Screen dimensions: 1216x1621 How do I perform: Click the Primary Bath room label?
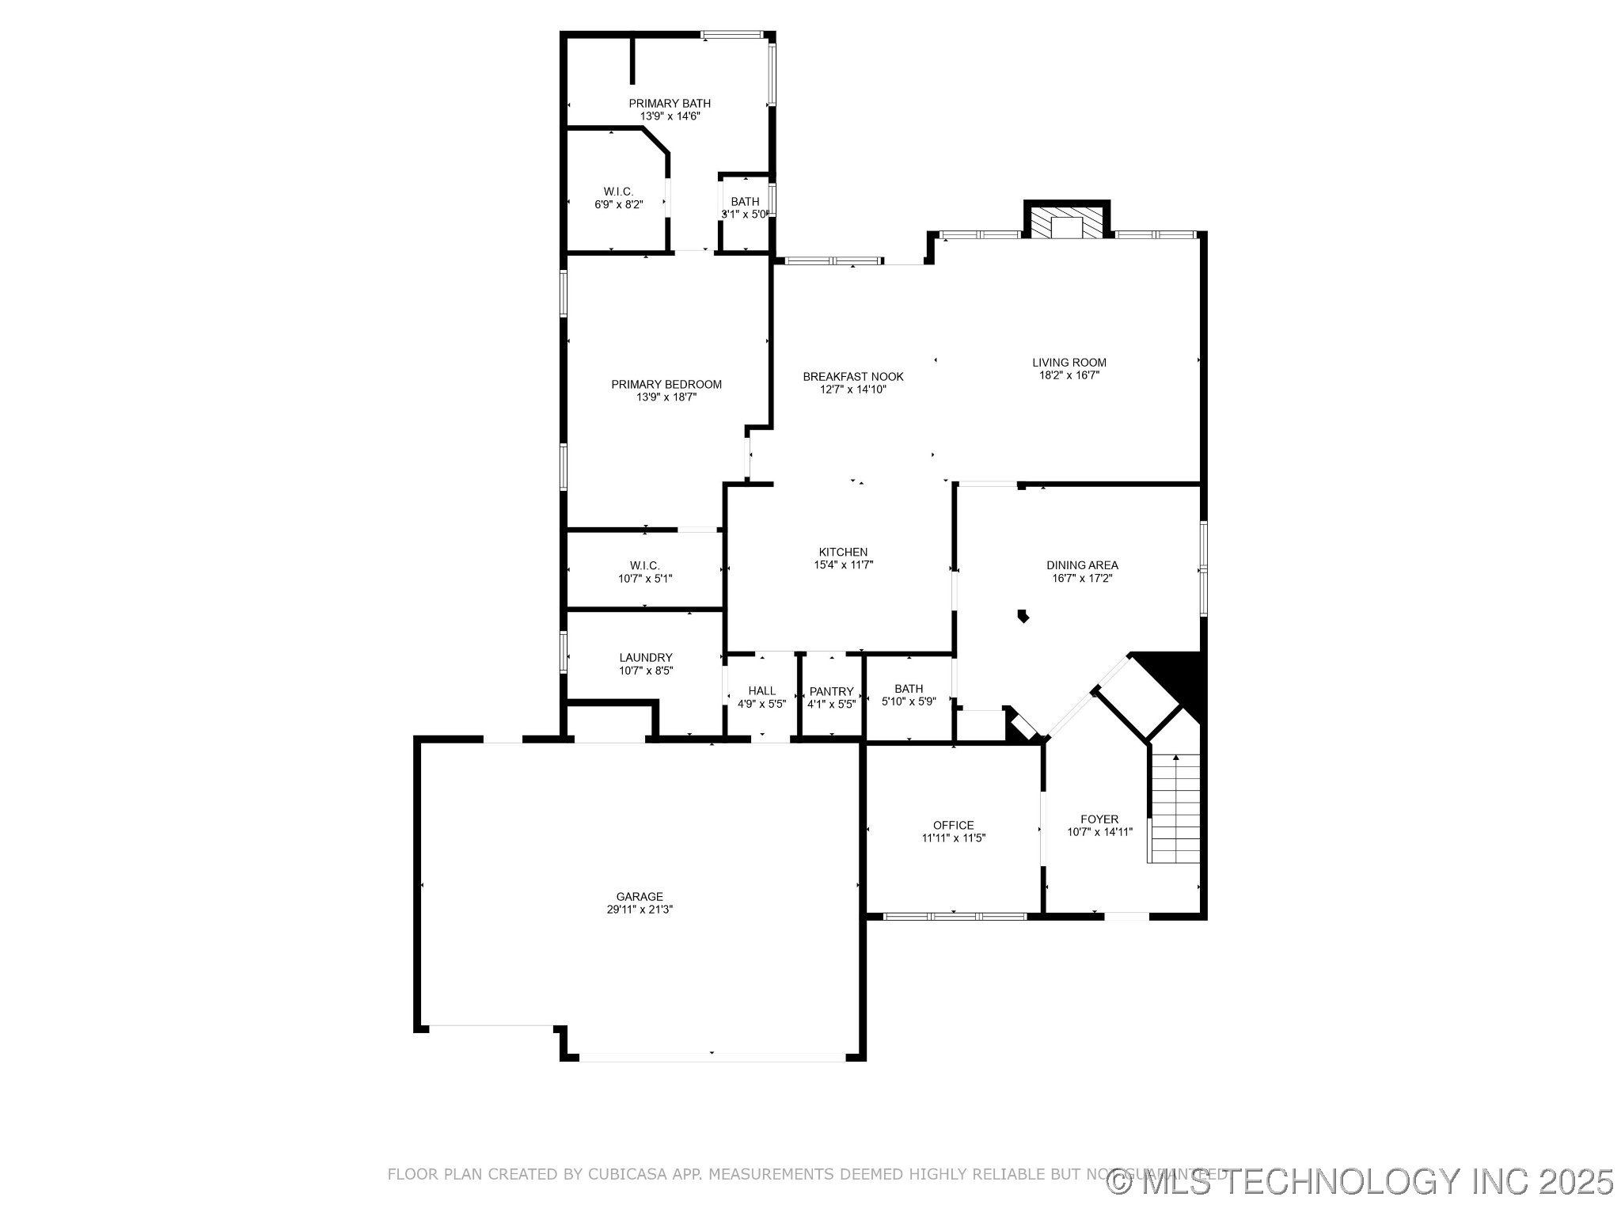tap(670, 104)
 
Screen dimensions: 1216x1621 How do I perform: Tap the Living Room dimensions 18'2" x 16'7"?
tap(1069, 376)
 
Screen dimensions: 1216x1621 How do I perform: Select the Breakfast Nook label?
tap(852, 377)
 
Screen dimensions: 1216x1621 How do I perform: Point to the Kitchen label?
tap(843, 552)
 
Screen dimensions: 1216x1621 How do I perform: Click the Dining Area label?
tap(1082, 565)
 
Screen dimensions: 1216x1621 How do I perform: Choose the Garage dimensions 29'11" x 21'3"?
tap(640, 910)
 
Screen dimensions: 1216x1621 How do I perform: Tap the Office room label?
tap(953, 825)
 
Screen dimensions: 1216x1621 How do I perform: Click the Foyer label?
tap(1099, 819)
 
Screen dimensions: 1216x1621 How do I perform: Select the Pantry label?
tap(831, 691)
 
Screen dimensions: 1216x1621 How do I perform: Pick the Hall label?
tap(761, 691)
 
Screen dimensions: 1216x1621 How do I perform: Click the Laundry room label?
tap(646, 658)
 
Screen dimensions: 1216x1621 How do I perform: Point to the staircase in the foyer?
tap(1175, 809)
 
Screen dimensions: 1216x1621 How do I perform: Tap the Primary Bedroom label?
tap(666, 385)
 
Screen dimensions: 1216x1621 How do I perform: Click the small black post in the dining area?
tap(1023, 615)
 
